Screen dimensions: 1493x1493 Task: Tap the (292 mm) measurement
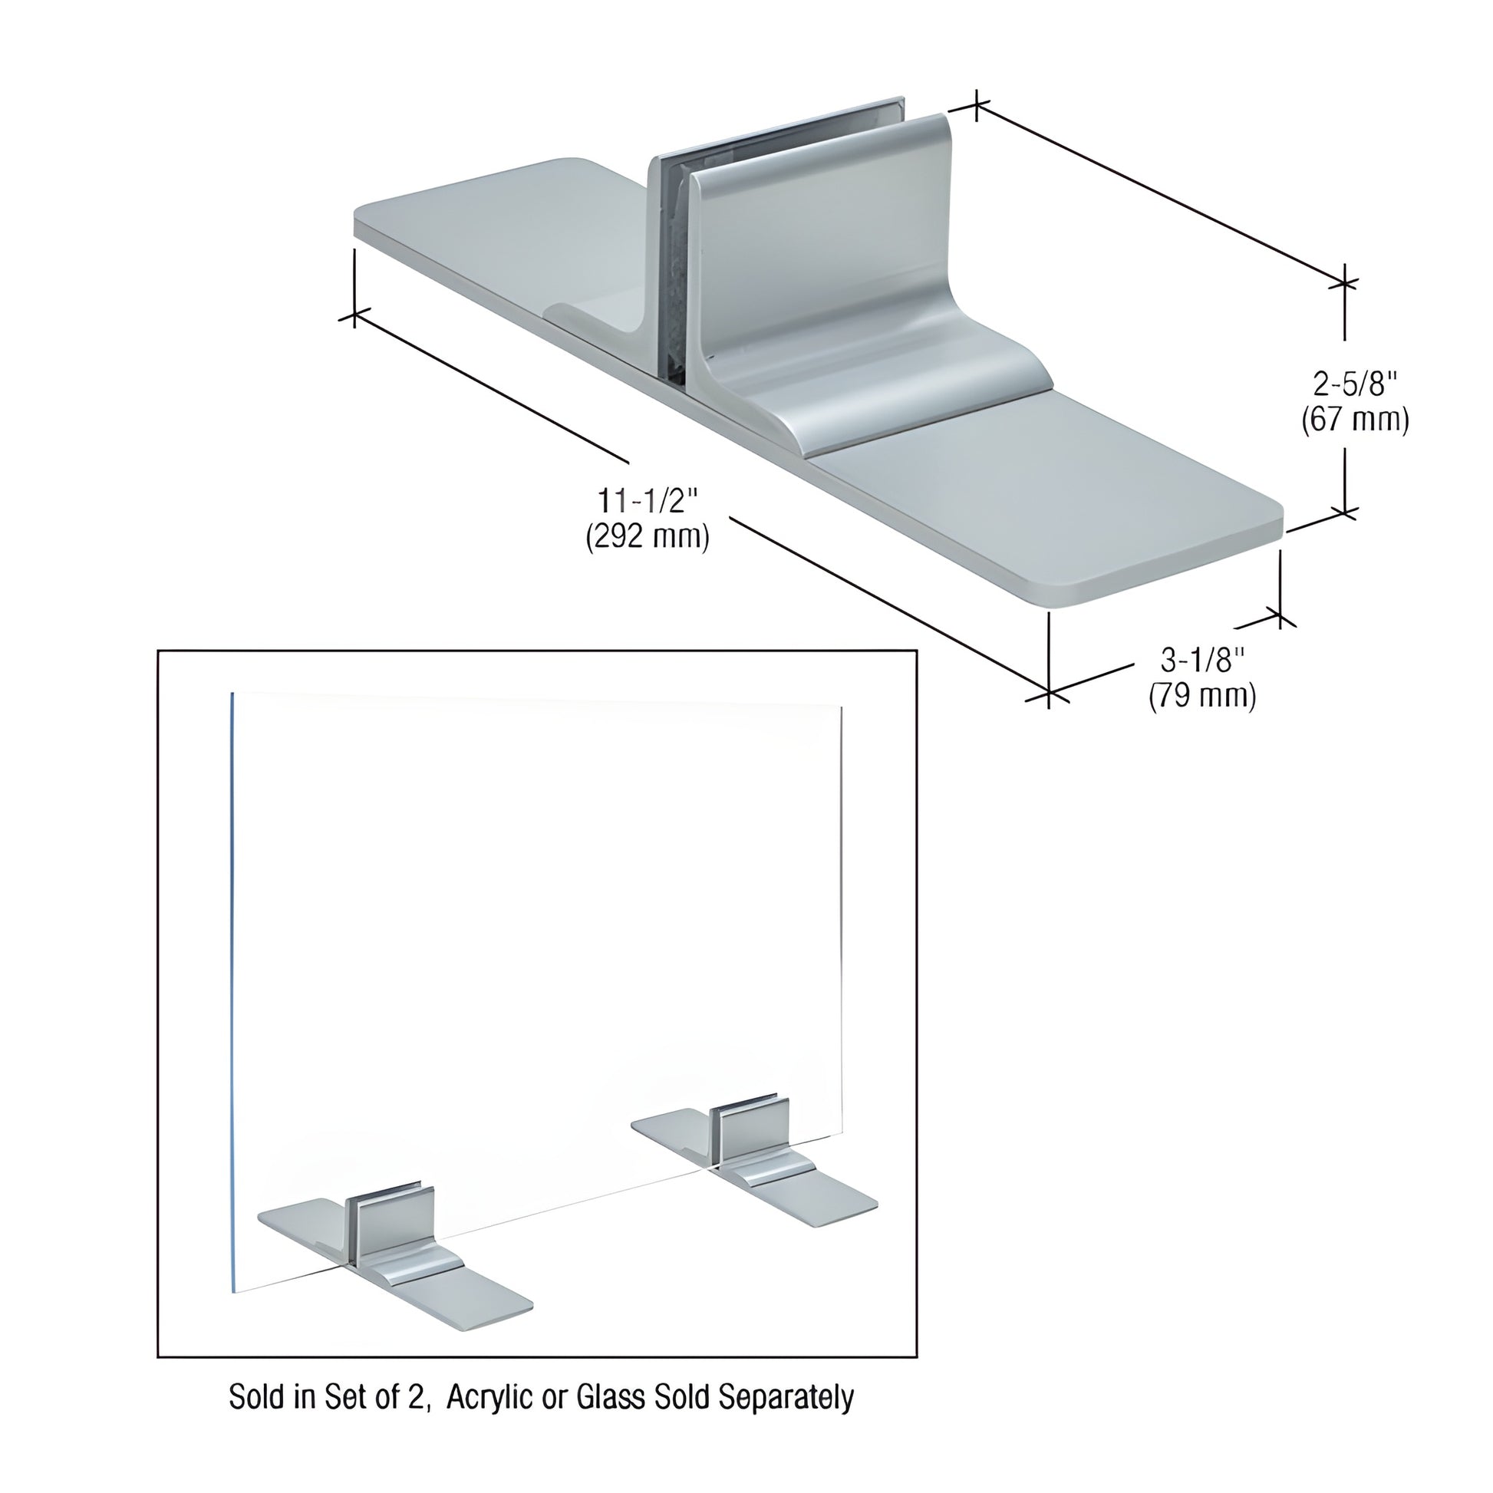click(648, 536)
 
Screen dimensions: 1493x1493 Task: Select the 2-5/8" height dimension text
click(1356, 384)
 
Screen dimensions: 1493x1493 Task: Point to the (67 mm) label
click(1356, 420)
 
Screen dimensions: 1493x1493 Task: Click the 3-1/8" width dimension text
click(1203, 661)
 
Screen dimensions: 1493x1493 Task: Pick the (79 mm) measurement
click(1203, 696)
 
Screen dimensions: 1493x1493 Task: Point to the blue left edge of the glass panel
click(232, 1004)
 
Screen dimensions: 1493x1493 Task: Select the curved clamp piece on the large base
click(850, 309)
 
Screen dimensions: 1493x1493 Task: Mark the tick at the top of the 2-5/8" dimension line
click(1346, 284)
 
